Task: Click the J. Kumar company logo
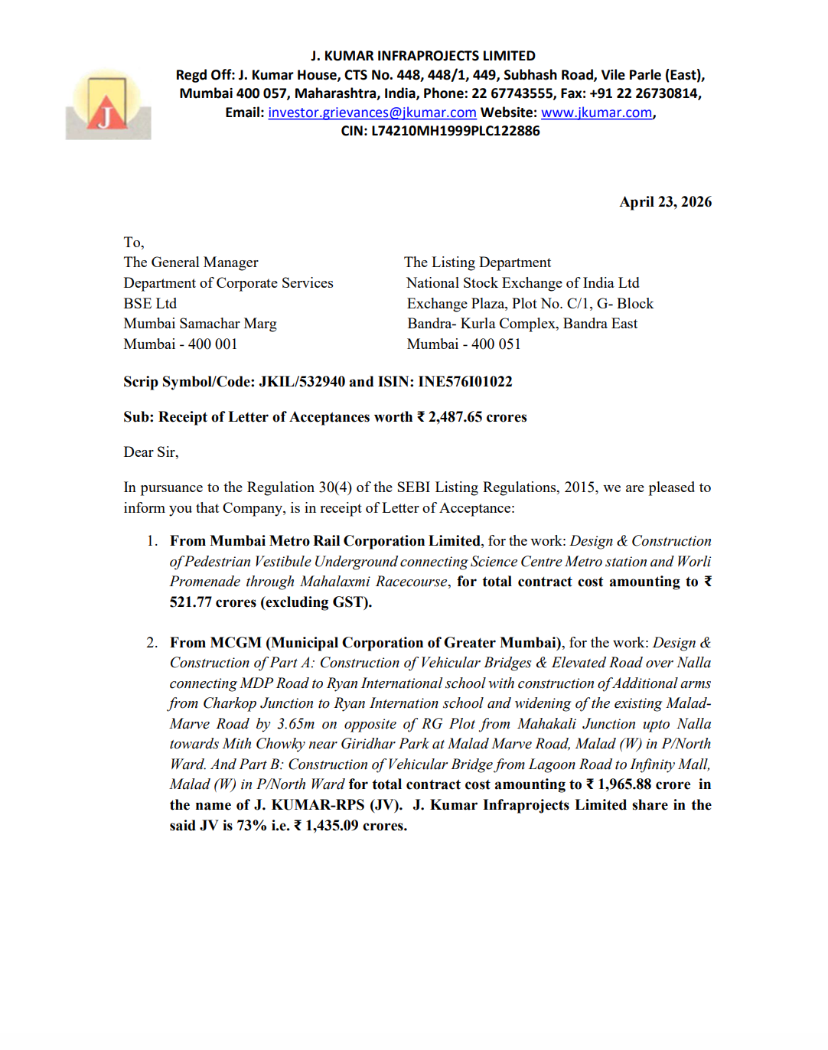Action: tap(108, 105)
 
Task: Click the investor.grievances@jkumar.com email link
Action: tap(372, 112)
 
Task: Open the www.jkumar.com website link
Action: tap(596, 112)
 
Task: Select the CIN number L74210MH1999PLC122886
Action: tap(455, 131)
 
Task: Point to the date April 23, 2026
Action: tap(665, 202)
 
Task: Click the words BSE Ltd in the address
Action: tap(150, 304)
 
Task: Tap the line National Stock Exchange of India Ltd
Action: tap(523, 283)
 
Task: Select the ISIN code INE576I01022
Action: tap(465, 382)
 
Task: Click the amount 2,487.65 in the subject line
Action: tap(455, 417)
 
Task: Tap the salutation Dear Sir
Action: tap(150, 452)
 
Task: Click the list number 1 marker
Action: tap(152, 541)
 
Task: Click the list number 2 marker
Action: tap(152, 643)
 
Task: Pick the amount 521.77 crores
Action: tap(213, 602)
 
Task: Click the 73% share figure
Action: tap(252, 826)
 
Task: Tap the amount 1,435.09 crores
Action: tap(355, 826)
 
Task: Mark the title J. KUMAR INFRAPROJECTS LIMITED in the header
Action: tap(422, 56)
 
